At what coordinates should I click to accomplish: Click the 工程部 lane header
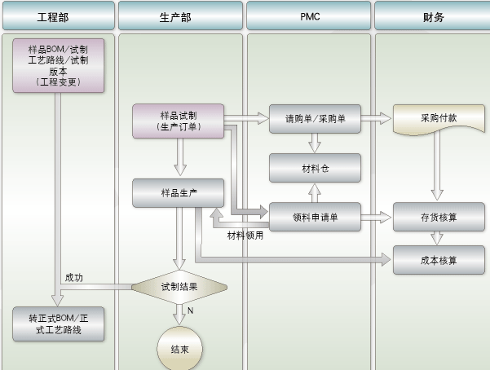(59, 16)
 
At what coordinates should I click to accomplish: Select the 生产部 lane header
(180, 16)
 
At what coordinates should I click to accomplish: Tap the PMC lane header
(308, 16)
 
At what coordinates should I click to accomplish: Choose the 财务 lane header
(432, 16)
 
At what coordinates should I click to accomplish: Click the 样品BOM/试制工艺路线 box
(59, 66)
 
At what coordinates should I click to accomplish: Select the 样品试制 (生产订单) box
(178, 121)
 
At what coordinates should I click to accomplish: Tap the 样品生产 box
(178, 193)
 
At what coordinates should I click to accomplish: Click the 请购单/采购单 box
(315, 119)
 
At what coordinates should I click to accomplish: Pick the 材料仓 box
(315, 168)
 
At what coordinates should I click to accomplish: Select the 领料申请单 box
(315, 217)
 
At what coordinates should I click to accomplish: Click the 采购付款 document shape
(439, 119)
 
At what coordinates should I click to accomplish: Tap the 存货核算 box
(439, 217)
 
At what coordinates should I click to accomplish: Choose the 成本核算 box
(439, 260)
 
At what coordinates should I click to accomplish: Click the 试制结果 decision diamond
(179, 287)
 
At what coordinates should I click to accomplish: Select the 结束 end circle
(179, 349)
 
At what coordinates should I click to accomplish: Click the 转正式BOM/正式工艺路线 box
(59, 324)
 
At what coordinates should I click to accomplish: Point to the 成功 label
(73, 277)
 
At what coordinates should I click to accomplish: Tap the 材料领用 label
(245, 236)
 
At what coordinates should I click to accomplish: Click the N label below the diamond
(190, 311)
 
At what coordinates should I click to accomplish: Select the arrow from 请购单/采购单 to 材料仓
(315, 143)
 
